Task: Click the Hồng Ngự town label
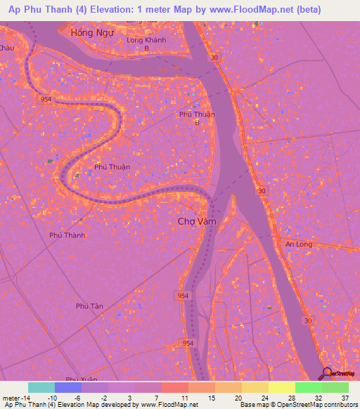click(x=92, y=33)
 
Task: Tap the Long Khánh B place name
click(x=146, y=44)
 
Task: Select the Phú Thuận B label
click(x=197, y=118)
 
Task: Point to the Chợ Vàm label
click(x=196, y=221)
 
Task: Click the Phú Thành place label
click(x=67, y=235)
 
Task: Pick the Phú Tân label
click(x=89, y=306)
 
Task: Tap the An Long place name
click(x=298, y=244)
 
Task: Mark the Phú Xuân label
click(x=79, y=379)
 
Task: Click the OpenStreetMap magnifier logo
click(x=327, y=375)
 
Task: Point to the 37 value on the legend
click(x=345, y=397)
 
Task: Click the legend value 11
click(x=184, y=397)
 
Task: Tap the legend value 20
click(x=238, y=397)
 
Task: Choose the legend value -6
click(x=77, y=397)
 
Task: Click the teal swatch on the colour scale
click(x=41, y=387)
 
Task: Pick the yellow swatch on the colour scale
click(x=281, y=387)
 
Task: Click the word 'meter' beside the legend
click(x=9, y=397)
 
